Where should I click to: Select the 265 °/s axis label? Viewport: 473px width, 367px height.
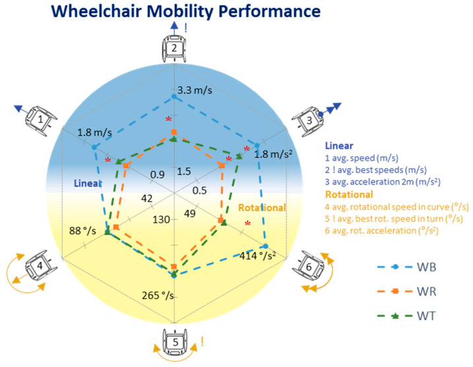click(x=158, y=295)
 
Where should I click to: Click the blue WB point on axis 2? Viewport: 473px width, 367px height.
click(x=174, y=97)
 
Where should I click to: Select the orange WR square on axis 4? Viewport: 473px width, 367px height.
click(x=116, y=227)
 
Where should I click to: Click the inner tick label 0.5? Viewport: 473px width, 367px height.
click(x=200, y=190)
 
